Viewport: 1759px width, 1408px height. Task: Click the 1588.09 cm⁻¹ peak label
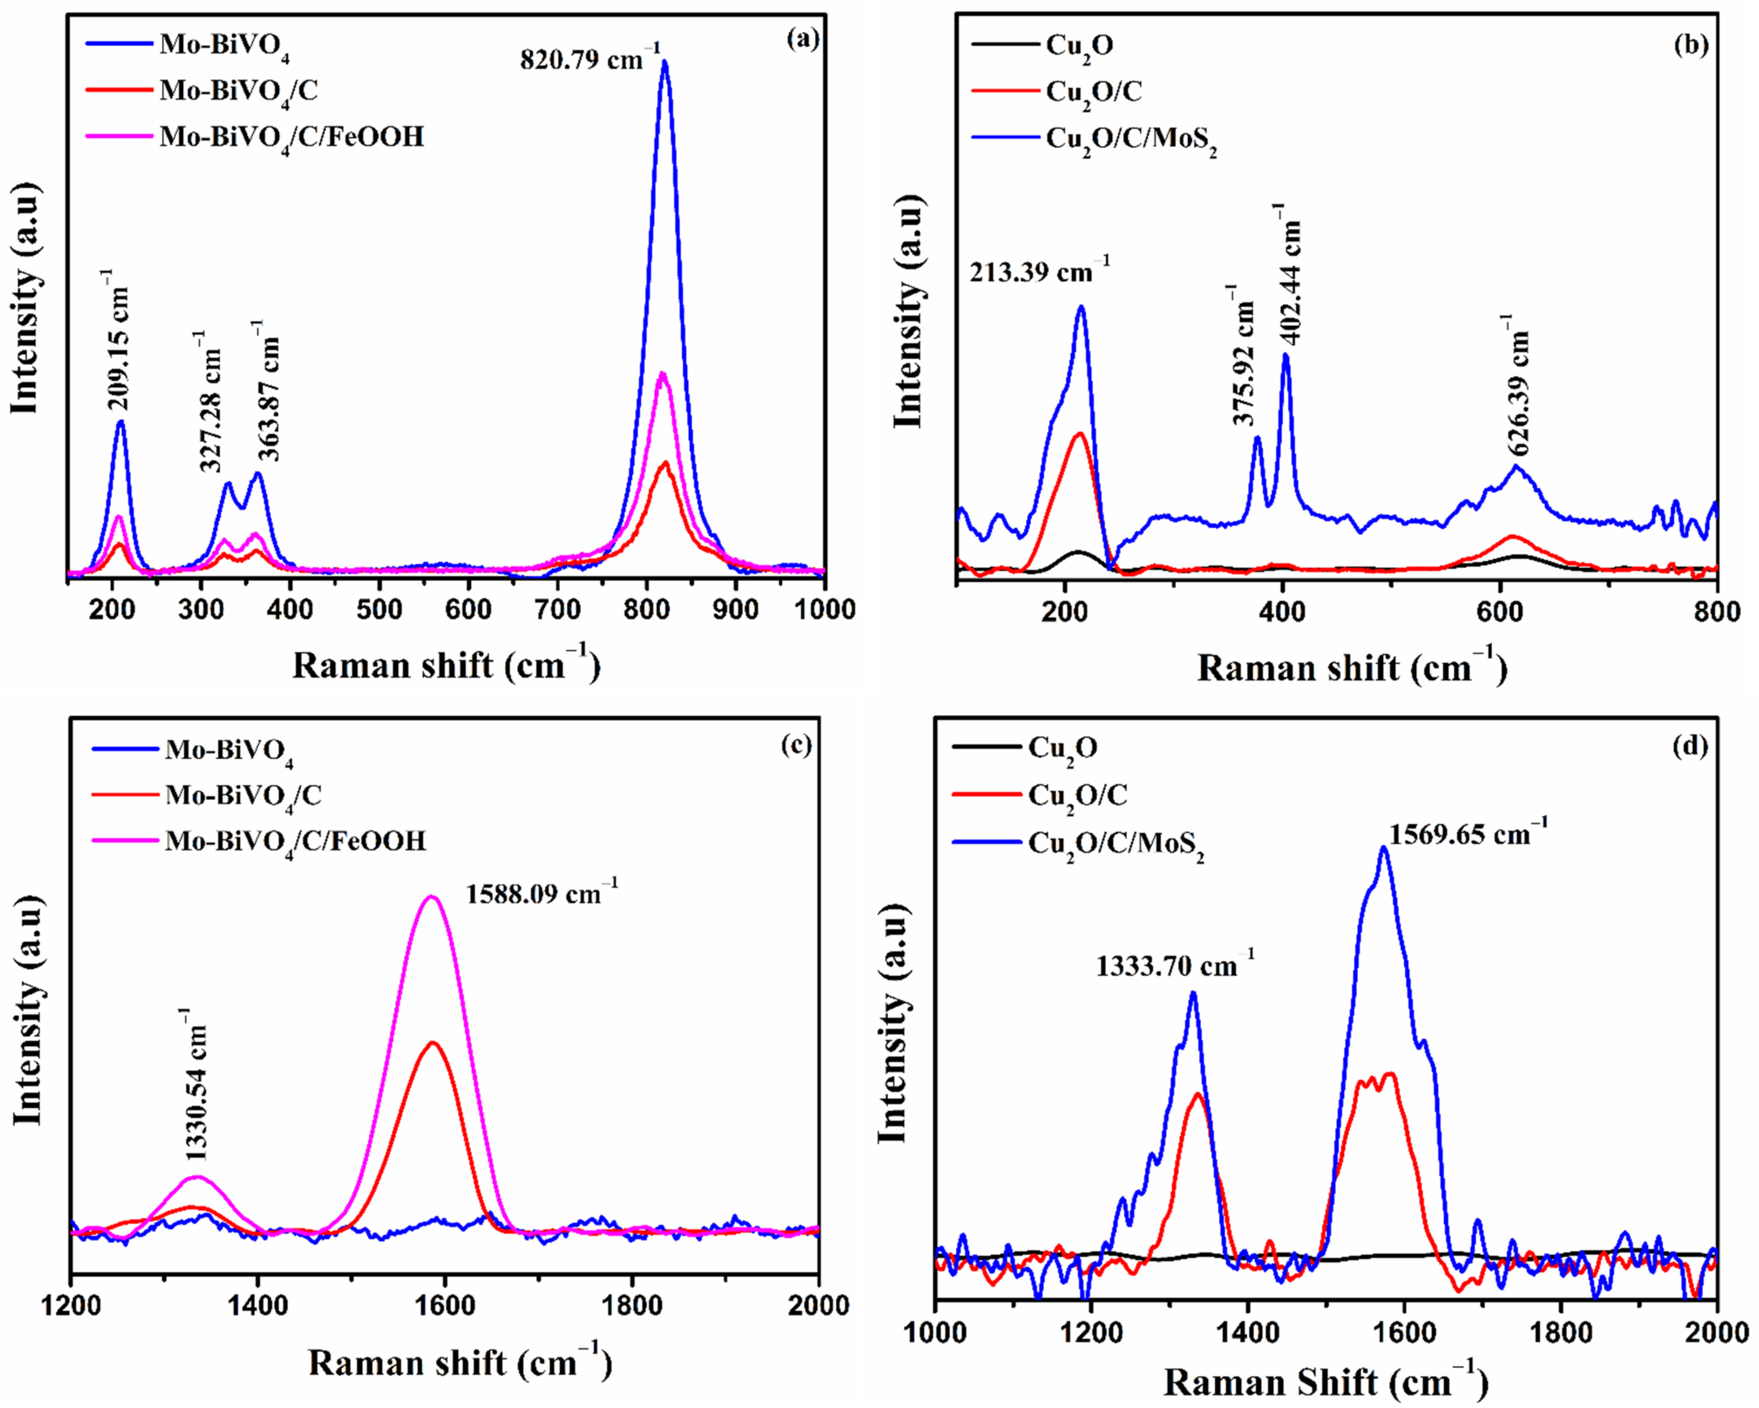point(542,893)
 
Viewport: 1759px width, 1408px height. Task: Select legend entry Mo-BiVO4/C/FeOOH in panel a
point(291,137)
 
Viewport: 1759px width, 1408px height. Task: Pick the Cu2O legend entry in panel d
point(1062,746)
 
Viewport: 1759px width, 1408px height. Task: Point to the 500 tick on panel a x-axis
point(379,609)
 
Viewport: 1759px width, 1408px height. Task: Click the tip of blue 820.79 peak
point(665,62)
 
